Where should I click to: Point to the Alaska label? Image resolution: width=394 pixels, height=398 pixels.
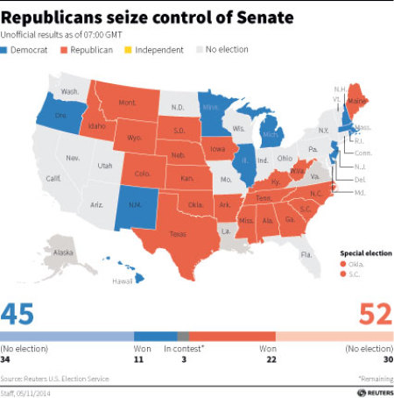pyautogui.click(x=64, y=252)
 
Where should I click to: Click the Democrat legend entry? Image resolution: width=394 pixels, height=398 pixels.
pyautogui.click(x=28, y=50)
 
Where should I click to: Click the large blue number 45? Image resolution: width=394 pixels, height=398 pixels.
pyautogui.click(x=21, y=314)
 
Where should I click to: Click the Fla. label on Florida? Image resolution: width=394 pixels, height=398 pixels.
pyautogui.click(x=306, y=254)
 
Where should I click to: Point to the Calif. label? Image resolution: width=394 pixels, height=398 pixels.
pyautogui.click(x=53, y=178)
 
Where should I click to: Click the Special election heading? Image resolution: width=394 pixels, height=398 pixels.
pyautogui.click(x=362, y=252)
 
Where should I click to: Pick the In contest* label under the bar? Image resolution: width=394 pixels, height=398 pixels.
pyautogui.click(x=182, y=349)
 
